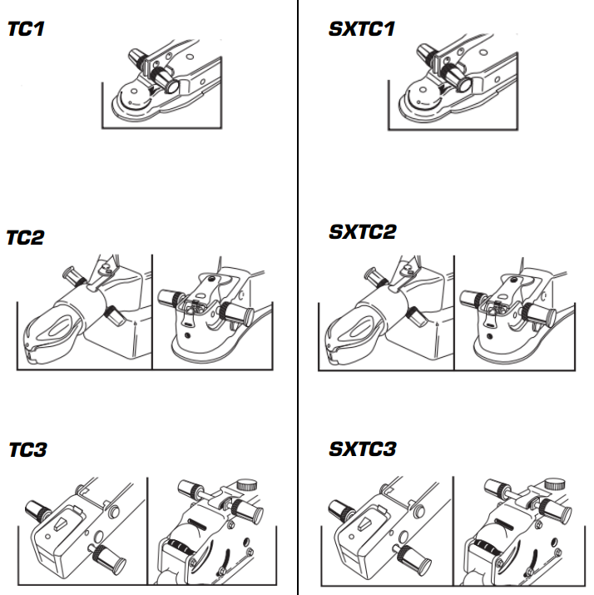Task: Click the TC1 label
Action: [x=26, y=29]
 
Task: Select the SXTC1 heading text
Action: [x=361, y=29]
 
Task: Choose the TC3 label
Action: [x=27, y=450]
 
